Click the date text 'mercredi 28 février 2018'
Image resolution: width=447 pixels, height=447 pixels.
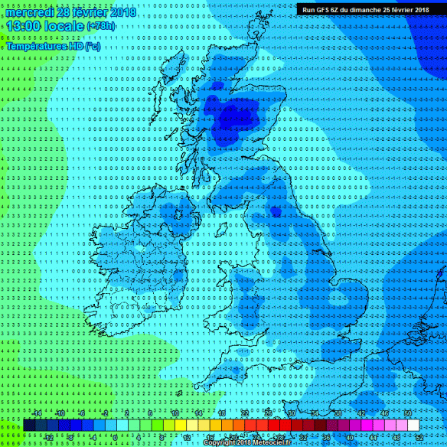pyautogui.click(x=70, y=12)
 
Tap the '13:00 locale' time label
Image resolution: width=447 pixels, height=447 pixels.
pyautogui.click(x=44, y=27)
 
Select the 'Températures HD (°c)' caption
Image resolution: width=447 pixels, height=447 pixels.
pyautogui.click(x=53, y=46)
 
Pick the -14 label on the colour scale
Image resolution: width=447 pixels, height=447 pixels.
pyautogui.click(x=36, y=413)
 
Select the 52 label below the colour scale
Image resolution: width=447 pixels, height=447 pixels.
pyautogui.click(x=419, y=437)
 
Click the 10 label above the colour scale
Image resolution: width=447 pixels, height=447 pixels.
pyautogui.click(x=175, y=413)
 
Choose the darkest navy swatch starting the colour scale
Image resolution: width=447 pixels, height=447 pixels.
pyautogui.click(x=28, y=425)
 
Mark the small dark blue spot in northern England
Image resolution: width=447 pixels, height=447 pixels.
pyautogui.click(x=275, y=210)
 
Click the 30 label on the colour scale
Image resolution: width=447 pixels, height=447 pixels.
pyautogui.click(x=291, y=413)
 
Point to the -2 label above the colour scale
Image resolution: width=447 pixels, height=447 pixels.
pyautogui.click(x=106, y=413)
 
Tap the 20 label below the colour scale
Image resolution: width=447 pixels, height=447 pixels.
pyautogui.click(x=233, y=437)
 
